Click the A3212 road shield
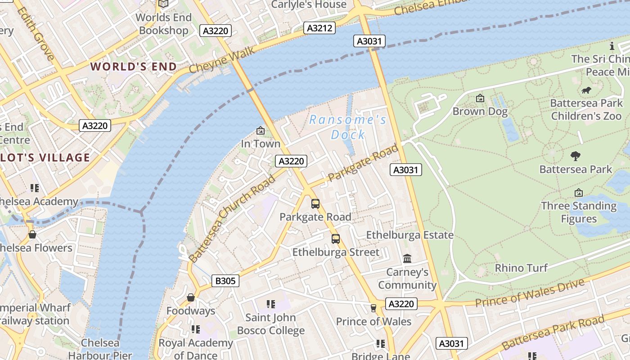[x=319, y=28]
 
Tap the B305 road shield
[x=225, y=281]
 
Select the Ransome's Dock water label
[x=347, y=127]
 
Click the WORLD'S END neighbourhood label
[x=134, y=67]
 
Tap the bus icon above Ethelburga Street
[x=336, y=239]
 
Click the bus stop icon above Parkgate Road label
[x=315, y=204]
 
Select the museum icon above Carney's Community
[x=407, y=259]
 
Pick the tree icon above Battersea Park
[x=575, y=156]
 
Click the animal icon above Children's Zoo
[x=586, y=90]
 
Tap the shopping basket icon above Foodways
[x=191, y=297]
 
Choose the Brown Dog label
[x=480, y=112]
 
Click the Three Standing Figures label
[x=579, y=212]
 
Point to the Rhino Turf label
[x=521, y=268]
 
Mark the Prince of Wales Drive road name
[x=530, y=292]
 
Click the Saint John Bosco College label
[x=271, y=324]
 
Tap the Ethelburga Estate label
[x=409, y=235]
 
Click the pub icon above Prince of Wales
[x=373, y=308]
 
